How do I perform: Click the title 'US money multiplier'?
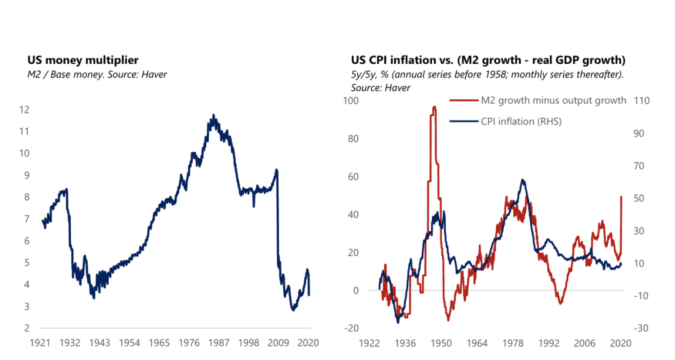pos(82,61)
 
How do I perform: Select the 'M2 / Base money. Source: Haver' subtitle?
pos(97,74)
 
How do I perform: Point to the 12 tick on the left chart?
pos(24,110)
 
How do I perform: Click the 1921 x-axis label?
pos(41,343)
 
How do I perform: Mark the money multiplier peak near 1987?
pos(214,116)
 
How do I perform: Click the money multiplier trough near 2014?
pos(293,310)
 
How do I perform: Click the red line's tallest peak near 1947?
pos(434,107)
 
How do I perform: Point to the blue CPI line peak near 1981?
pos(522,180)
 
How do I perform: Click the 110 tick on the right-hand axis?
pos(642,101)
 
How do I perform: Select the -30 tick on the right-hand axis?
pos(642,329)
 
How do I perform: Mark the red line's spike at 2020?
pos(621,197)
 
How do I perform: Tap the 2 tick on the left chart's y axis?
pos(27,329)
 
